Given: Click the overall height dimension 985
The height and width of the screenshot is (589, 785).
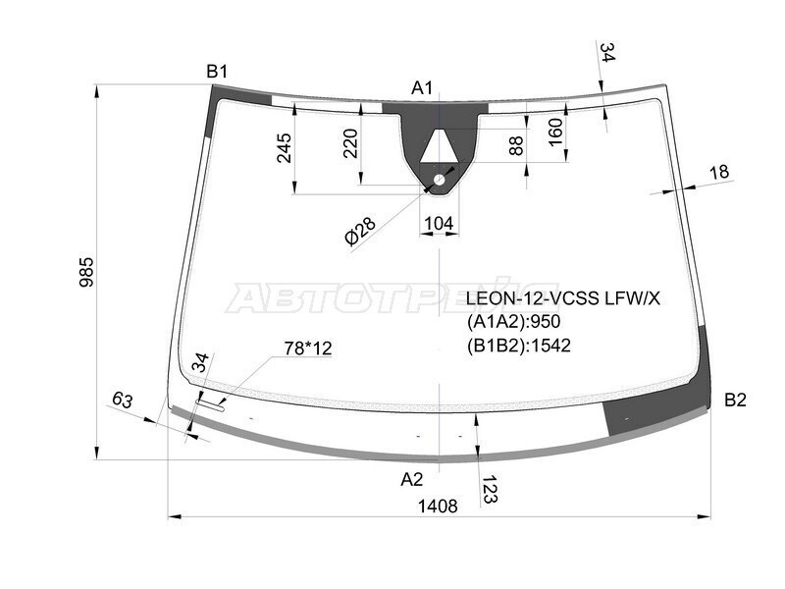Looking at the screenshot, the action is click(86, 272).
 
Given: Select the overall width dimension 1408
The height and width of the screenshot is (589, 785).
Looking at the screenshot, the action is click(438, 507).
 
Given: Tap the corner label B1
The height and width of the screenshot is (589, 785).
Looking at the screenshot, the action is click(217, 72).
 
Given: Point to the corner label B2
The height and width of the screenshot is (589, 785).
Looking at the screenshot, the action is click(735, 400).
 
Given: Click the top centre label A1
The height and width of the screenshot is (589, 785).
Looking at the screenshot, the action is click(422, 88).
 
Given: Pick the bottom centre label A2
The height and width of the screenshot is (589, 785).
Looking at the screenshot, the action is click(412, 479).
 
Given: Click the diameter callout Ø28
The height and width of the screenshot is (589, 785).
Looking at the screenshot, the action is click(360, 232).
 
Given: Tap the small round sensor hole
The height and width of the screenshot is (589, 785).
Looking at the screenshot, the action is click(439, 180).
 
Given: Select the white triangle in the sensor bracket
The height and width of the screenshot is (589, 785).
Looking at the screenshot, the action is click(439, 146).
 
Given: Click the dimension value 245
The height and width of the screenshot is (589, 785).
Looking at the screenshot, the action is click(285, 148).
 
